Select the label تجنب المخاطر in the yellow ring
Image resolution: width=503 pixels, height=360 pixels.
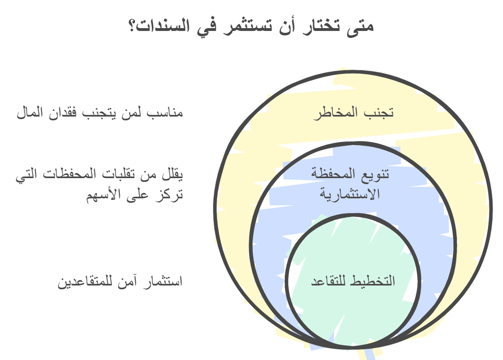click(x=353, y=113)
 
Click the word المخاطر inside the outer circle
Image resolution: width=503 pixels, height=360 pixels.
click(x=336, y=113)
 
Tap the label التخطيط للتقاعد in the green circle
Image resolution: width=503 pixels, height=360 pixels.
click(x=353, y=281)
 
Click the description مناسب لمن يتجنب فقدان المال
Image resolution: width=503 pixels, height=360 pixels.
click(x=100, y=113)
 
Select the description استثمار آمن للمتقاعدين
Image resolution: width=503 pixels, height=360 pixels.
click(x=120, y=282)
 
